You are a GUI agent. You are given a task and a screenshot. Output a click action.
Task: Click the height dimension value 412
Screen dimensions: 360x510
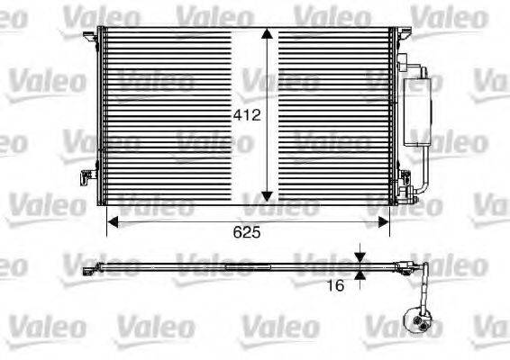[245, 115]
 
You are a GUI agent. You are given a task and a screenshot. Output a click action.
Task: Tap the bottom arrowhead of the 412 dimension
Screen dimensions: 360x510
[268, 195]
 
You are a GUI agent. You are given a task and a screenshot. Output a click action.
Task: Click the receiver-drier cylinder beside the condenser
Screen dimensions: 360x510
[420, 108]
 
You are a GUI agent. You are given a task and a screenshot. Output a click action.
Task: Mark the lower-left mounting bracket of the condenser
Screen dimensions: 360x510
[88, 176]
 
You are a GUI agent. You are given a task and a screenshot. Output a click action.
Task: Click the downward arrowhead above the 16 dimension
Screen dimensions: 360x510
[361, 256]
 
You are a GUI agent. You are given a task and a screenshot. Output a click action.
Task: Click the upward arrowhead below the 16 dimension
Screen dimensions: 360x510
[361, 274]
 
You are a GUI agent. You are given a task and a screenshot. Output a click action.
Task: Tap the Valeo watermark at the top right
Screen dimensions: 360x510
[439, 13]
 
